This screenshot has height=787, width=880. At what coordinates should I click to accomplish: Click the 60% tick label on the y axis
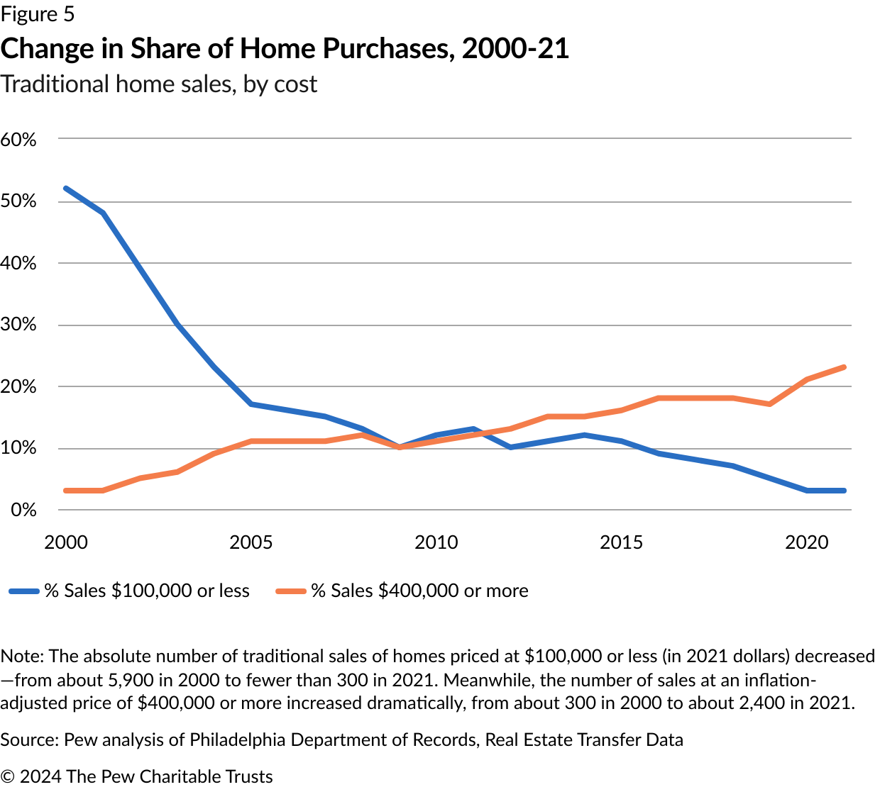coord(18,140)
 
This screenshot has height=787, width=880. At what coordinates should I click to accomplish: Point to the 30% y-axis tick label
coord(18,325)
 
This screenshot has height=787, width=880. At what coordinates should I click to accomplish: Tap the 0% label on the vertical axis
coord(23,510)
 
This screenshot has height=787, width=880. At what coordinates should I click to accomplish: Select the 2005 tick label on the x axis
coord(251,542)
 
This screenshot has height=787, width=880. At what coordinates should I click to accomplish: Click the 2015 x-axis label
coord(621,542)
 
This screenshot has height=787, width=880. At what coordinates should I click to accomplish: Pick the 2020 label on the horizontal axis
coord(806,542)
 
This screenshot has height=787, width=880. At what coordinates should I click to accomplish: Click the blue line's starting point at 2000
coord(66,189)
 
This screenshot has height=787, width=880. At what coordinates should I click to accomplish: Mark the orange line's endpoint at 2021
coord(844,367)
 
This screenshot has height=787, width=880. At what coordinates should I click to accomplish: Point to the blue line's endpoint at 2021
coord(844,491)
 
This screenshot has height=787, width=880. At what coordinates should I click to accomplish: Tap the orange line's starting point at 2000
coord(66,491)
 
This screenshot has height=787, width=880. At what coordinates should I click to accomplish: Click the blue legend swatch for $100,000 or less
coord(24,591)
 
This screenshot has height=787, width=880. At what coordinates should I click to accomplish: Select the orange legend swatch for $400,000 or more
coord(291,591)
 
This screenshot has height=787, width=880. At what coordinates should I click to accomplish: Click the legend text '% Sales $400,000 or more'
coord(419,591)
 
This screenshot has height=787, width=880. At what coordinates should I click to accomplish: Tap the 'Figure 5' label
coord(38,14)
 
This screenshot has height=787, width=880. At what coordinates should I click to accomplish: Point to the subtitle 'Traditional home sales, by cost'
coord(158,84)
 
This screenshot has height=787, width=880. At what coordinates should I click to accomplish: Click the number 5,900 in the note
coord(128,680)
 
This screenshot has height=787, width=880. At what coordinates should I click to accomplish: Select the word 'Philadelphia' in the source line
coord(238,740)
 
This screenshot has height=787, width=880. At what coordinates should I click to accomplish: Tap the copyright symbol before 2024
coord(8,777)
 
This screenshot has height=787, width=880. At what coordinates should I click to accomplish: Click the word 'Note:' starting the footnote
coord(22,657)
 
